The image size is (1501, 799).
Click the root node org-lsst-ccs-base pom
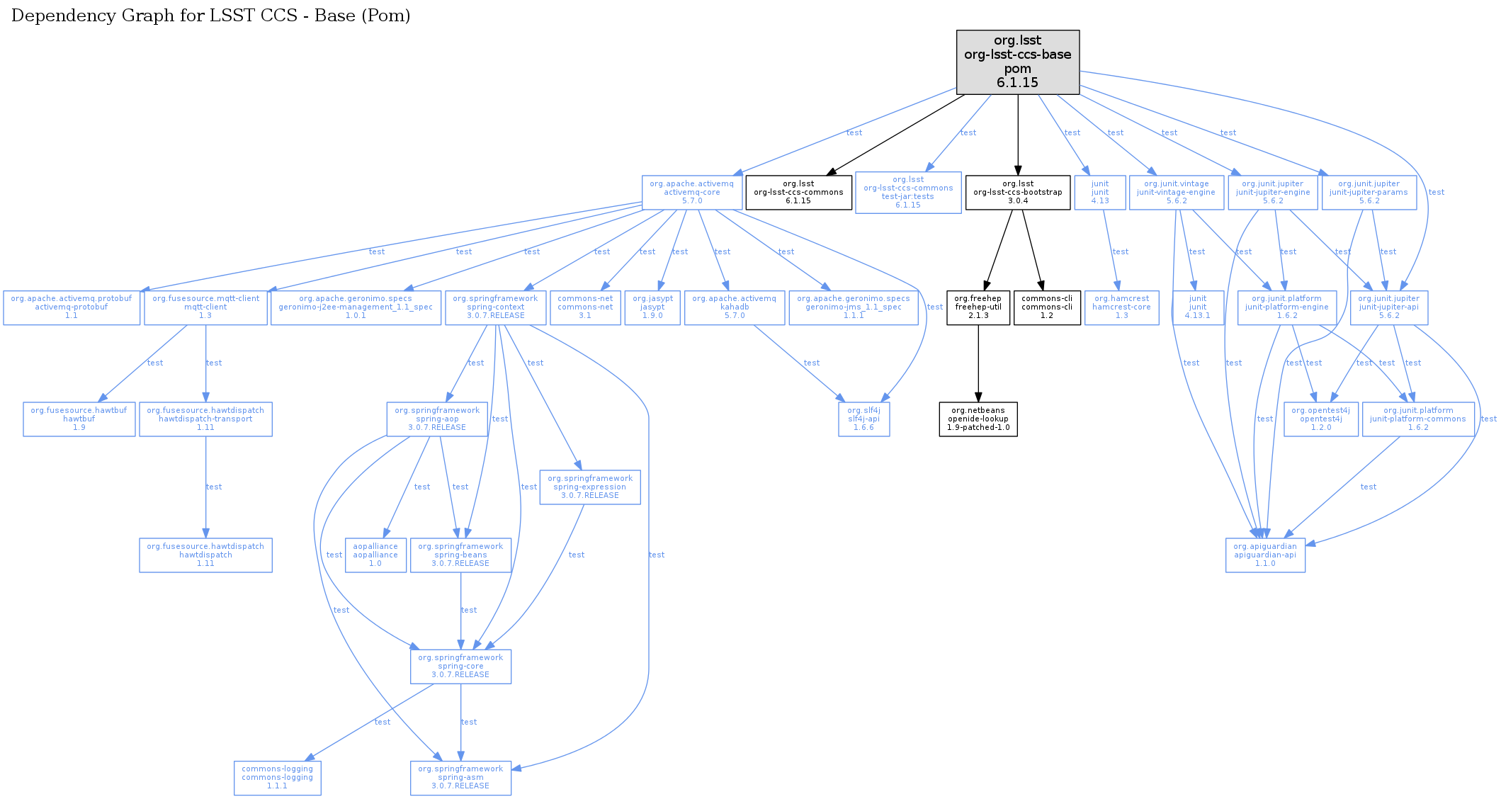(1017, 62)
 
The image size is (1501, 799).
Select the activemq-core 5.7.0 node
(691, 192)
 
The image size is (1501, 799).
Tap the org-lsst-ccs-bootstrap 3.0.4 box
(1017, 192)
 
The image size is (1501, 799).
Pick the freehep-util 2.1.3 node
(978, 307)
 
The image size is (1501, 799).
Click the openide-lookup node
(978, 419)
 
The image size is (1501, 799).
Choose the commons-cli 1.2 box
(1046, 307)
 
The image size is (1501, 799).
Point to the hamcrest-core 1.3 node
(1121, 307)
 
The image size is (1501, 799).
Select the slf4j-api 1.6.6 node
(863, 419)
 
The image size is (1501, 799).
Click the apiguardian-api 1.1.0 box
(1264, 555)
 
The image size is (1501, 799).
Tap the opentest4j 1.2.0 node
(1320, 419)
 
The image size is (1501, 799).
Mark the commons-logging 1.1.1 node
(277, 778)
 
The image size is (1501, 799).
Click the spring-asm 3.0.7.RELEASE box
(460, 778)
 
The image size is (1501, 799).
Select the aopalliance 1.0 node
(375, 555)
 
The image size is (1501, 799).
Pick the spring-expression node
(589, 487)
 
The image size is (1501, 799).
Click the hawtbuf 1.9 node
(79, 419)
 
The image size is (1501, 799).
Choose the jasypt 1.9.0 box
(652, 307)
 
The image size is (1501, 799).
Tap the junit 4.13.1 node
(1197, 307)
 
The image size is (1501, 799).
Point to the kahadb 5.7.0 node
(734, 307)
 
